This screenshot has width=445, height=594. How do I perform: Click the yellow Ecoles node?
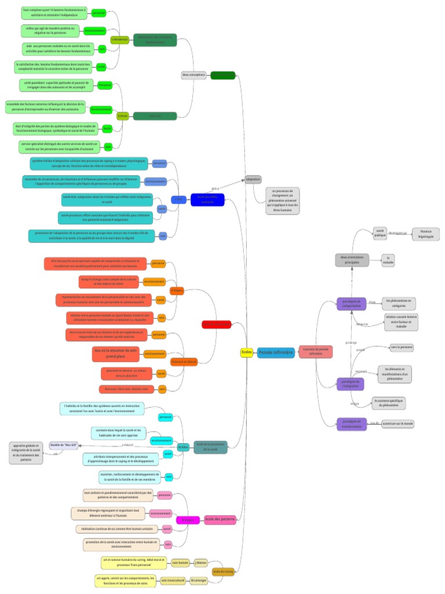246,352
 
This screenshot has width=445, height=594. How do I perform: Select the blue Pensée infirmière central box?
276,352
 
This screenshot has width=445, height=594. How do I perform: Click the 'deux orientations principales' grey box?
352,260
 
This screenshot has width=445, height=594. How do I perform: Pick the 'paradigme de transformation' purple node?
351,424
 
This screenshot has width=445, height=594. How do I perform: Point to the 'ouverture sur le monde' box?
397,424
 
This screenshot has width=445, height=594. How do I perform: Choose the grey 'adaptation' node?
253,179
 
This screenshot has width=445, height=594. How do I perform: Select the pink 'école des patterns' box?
220,519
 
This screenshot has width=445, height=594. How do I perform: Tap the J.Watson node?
200,563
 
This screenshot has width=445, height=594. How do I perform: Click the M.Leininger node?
199,580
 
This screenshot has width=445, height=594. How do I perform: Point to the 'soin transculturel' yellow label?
173,580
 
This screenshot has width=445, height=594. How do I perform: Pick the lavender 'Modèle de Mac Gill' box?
64,445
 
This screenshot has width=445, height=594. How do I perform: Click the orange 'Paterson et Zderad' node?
184,361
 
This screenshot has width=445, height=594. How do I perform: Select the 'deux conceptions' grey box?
194,75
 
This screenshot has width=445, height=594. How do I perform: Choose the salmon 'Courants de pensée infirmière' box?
315,352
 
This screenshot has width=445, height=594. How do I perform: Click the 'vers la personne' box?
401,347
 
